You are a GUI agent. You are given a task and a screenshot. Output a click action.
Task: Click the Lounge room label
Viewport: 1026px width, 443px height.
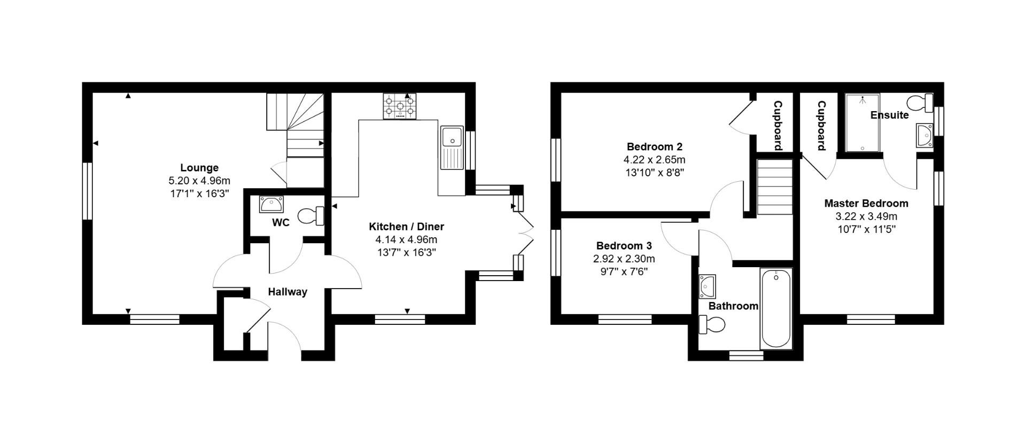(x=199, y=167)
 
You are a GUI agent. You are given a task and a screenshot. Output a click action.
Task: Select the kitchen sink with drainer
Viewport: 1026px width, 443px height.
(x=452, y=147)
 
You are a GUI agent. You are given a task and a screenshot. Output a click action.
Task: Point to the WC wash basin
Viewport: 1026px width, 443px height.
(x=271, y=204)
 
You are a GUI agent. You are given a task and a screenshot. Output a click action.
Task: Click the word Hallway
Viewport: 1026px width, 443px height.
(x=287, y=292)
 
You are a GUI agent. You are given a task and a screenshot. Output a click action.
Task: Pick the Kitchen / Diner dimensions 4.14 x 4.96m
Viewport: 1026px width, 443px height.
(x=406, y=240)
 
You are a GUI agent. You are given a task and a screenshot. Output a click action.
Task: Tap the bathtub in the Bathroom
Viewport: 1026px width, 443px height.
(x=775, y=308)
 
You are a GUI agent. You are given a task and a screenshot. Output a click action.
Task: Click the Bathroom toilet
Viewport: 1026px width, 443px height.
(x=712, y=324)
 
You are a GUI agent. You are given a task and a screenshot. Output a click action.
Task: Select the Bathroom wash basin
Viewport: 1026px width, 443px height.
(x=708, y=286)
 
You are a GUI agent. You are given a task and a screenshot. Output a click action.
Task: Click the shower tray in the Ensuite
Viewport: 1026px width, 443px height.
(x=862, y=122)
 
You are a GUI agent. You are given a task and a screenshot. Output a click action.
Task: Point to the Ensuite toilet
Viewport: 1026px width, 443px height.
(x=921, y=102)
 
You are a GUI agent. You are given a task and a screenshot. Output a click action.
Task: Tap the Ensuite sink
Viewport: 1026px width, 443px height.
(x=924, y=135)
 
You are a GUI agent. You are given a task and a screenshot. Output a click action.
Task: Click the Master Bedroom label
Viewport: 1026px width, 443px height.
(x=866, y=203)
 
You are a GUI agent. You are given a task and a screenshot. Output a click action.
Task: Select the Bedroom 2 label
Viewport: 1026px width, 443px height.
(x=654, y=146)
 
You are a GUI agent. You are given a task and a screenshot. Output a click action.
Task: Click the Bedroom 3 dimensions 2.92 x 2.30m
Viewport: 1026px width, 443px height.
(x=624, y=259)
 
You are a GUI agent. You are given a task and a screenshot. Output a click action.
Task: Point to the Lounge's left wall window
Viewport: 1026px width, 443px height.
(x=88, y=191)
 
